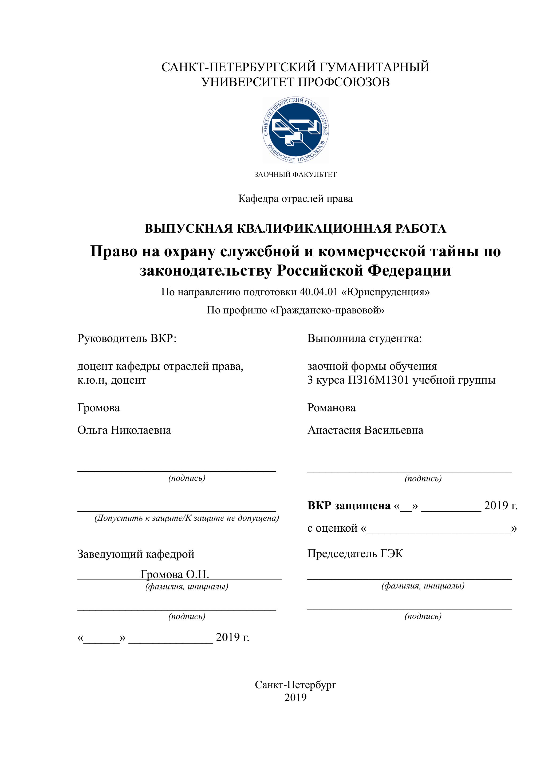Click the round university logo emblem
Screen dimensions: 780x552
tap(295, 129)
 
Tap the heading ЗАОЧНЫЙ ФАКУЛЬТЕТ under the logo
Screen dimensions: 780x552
tap(295, 175)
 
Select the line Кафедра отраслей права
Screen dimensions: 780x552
tap(295, 199)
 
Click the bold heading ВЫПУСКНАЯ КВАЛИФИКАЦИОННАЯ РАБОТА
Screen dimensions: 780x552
tap(295, 229)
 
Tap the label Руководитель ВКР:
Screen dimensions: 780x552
tap(127, 338)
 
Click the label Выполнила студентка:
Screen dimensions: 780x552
tap(364, 338)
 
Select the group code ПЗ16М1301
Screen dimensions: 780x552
tap(378, 380)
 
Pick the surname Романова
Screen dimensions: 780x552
tap(332, 408)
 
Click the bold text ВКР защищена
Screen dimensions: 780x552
tap(349, 506)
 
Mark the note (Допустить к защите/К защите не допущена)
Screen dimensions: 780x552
tap(187, 518)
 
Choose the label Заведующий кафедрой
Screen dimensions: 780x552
tap(136, 554)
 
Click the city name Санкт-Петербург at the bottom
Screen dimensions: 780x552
tap(295, 685)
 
